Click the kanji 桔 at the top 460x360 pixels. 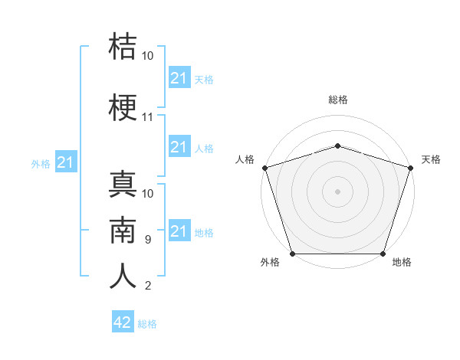tap(123, 46)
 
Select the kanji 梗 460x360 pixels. tap(123, 107)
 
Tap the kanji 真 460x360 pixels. tap(123, 184)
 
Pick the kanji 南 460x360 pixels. tap(123, 230)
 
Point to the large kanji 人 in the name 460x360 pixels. tap(123, 276)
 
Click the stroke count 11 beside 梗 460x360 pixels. tap(147, 117)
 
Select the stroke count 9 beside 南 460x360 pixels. tap(148, 240)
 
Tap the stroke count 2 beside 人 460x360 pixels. tap(148, 286)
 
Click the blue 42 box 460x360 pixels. tap(123, 321)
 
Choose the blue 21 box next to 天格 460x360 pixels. tap(179, 77)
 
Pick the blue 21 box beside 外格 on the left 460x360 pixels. tap(66, 162)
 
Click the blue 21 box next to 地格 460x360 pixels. tap(179, 230)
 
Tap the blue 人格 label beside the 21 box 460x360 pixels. tap(204, 149)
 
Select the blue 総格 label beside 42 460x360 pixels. tap(147, 324)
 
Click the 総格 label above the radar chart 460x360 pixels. tap(338, 100)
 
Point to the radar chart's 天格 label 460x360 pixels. tap(431, 159)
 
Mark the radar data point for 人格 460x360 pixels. tap(265, 168)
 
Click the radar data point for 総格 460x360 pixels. tap(338, 146)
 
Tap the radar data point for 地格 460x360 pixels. tap(383, 254)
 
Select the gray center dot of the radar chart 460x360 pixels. tap(337, 191)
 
